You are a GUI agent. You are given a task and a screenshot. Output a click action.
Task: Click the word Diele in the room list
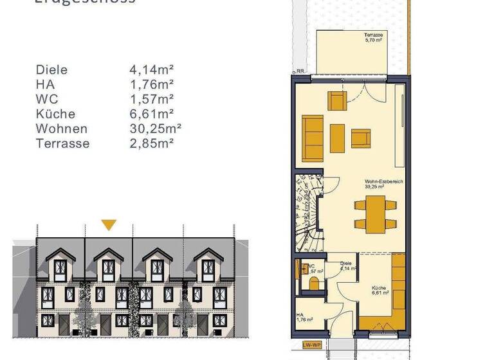click(x=52, y=69)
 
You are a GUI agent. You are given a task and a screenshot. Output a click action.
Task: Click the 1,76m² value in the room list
click(x=152, y=84)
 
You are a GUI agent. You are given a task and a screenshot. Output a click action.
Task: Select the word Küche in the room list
click(x=56, y=114)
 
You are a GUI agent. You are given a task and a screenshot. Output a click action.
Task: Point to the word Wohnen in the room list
click(x=62, y=129)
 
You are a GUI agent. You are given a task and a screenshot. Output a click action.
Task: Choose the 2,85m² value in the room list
click(x=152, y=143)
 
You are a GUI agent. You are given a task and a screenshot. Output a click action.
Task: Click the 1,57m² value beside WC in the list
click(x=152, y=99)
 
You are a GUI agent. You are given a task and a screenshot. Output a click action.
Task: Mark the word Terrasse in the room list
click(x=63, y=143)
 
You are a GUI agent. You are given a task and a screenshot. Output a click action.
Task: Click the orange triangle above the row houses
click(x=109, y=225)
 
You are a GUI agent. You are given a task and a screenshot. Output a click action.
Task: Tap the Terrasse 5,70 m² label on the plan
click(x=373, y=37)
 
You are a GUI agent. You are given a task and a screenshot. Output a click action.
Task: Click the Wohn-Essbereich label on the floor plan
click(x=383, y=184)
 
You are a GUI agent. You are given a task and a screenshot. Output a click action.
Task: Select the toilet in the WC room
click(x=315, y=283)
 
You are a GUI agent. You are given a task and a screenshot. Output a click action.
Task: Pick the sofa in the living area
click(x=313, y=137)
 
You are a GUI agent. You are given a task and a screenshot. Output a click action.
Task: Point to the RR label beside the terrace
click(x=300, y=71)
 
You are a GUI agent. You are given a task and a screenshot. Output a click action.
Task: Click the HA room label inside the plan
click(x=304, y=317)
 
